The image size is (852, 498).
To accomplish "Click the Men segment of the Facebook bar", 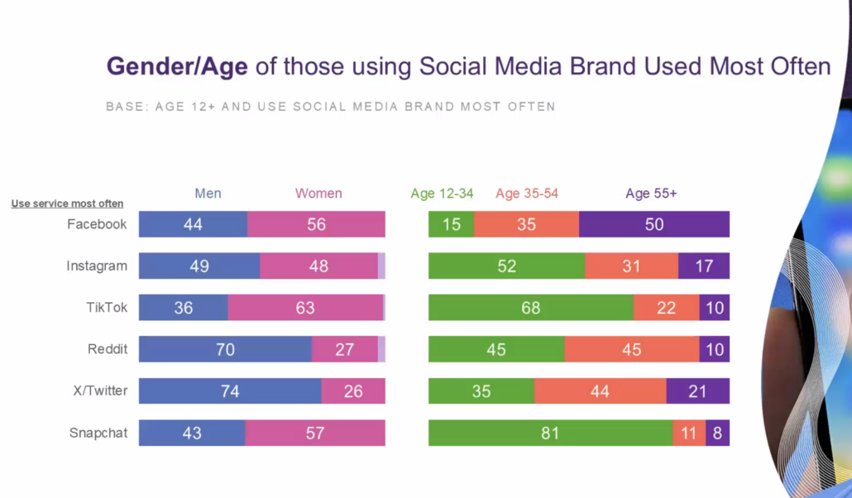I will point(193,224).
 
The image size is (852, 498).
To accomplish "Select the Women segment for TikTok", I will point(305,308).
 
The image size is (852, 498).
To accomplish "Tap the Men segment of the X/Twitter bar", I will point(230,391).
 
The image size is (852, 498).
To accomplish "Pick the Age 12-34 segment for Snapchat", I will point(550,433).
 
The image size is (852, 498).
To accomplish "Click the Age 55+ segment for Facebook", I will point(654,224).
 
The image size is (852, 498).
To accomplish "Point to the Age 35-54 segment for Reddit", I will point(632,349).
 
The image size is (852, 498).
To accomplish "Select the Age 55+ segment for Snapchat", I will point(717,433).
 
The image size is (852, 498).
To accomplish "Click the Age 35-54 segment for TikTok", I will point(666,308).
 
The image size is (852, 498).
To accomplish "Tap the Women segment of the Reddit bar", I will point(344,349).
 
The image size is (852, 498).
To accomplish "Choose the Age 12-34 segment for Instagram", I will point(506,266).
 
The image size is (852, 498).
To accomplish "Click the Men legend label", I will point(208,194).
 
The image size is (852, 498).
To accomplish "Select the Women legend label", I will point(318,194).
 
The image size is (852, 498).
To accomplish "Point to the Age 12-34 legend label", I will point(442,194).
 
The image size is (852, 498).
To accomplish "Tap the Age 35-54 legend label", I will point(527,194).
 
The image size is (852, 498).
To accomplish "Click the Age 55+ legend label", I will point(651,194).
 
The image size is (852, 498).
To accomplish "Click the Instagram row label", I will point(97,266).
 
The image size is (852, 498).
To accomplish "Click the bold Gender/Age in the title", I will point(177,66).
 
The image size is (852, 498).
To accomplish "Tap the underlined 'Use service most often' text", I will point(67,204).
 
